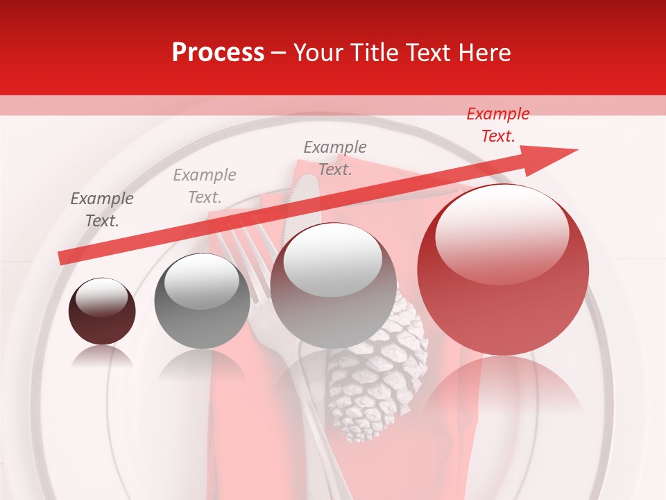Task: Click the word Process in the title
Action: [218, 53]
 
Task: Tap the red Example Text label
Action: [497, 125]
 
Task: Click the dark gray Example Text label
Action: [102, 210]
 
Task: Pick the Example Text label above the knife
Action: [335, 158]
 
